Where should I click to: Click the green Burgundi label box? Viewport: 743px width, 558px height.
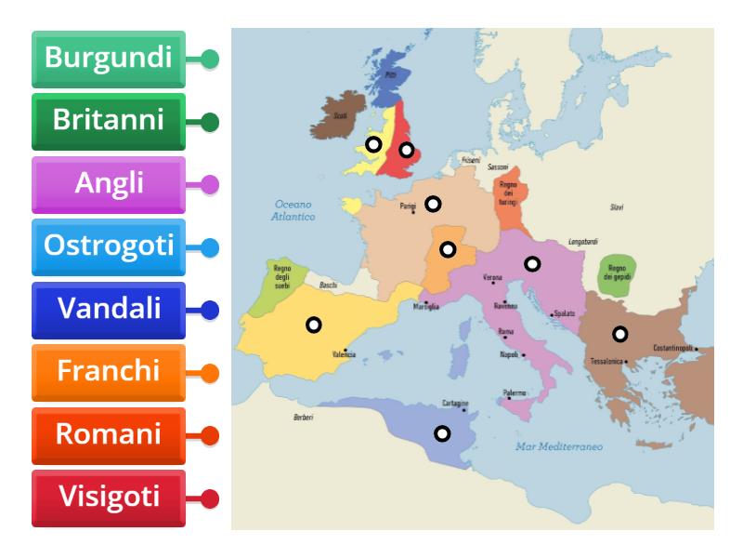(109, 59)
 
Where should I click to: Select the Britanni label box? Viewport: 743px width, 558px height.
(109, 121)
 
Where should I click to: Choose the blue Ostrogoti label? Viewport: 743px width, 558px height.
(109, 246)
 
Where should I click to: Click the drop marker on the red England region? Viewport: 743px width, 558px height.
(406, 150)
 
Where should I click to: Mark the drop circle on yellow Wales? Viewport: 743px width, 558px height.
(372, 144)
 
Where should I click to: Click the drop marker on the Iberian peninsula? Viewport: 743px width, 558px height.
(314, 325)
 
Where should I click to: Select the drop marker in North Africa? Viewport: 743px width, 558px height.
(443, 433)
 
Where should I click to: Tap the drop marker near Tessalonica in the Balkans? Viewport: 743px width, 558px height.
(619, 334)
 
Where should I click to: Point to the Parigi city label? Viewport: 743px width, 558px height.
(408, 206)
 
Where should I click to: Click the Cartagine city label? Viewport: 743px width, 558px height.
(454, 403)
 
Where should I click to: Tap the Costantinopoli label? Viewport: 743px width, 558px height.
(673, 348)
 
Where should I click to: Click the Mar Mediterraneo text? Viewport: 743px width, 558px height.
(559, 447)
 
